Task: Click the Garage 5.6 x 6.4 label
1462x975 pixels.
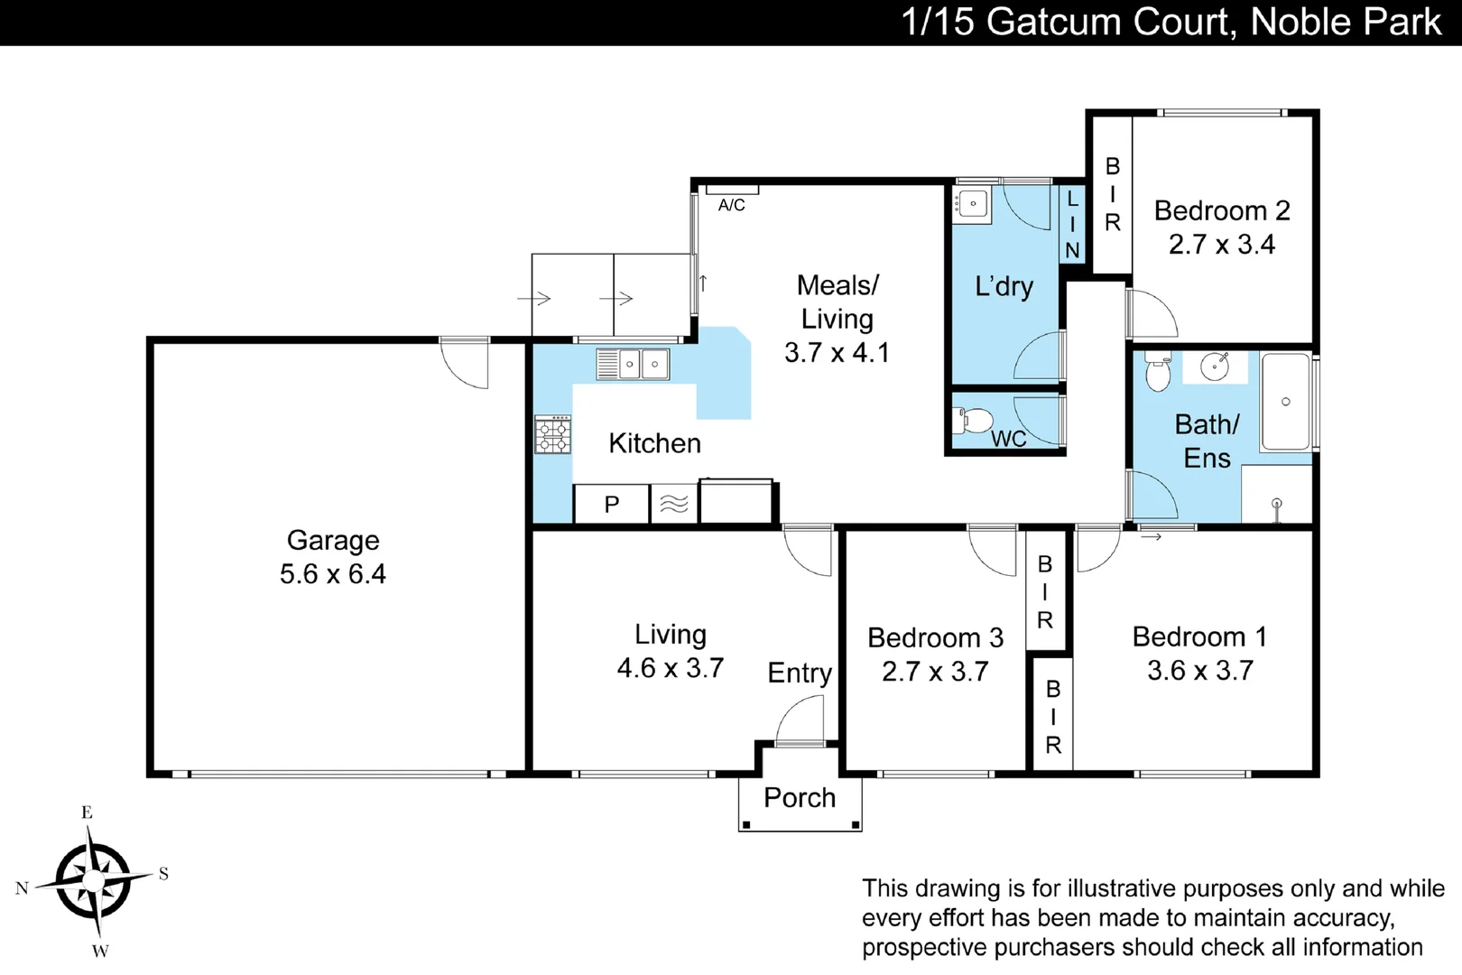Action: coord(332,557)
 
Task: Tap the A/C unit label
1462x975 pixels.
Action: coord(731,206)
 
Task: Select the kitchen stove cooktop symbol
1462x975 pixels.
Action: coord(552,434)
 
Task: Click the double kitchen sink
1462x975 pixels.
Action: coord(633,365)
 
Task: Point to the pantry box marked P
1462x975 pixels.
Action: coord(612,505)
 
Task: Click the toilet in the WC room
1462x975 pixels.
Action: coord(973,420)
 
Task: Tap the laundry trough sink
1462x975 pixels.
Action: coord(972,204)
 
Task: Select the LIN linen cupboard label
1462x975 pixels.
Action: coord(1072,224)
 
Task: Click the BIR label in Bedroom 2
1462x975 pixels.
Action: coord(1112,194)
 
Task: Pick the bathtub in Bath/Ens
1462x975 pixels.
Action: coord(1285,402)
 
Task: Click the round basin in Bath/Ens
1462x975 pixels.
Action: coord(1214,367)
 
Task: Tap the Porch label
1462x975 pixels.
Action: coord(800,798)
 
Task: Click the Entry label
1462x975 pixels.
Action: coord(800,673)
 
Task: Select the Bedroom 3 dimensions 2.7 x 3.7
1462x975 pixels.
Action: coord(935,672)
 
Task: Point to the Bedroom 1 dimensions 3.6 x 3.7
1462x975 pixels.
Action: coord(1200,671)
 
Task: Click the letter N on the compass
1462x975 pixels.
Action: coord(23,888)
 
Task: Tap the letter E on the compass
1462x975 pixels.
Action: coord(87,812)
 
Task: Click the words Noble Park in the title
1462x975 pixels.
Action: coord(1346,22)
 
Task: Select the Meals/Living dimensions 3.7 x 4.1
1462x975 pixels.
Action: coord(837,352)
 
